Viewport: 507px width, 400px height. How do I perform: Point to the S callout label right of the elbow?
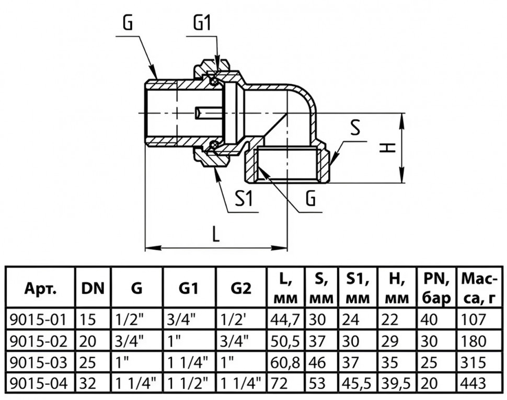[x=355, y=128]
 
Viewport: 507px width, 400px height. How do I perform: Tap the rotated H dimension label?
[x=387, y=148]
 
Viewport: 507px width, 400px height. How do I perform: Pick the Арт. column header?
[x=41, y=289]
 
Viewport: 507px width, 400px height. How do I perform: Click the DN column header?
[x=93, y=288]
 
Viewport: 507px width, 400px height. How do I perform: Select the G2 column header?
[x=241, y=288]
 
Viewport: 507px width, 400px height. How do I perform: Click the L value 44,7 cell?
[x=285, y=320]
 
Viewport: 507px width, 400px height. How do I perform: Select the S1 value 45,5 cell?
[x=358, y=384]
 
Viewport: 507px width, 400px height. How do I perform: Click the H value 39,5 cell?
[x=396, y=384]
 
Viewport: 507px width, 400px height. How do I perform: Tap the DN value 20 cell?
[x=88, y=341]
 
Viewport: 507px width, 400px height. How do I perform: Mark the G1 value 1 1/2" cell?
[x=188, y=384]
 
